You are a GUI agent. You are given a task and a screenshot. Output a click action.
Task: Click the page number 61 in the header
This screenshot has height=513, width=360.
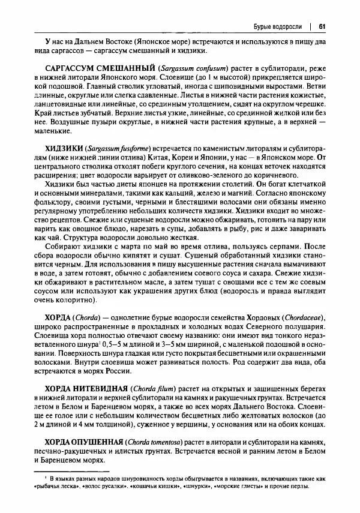point(322,26)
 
